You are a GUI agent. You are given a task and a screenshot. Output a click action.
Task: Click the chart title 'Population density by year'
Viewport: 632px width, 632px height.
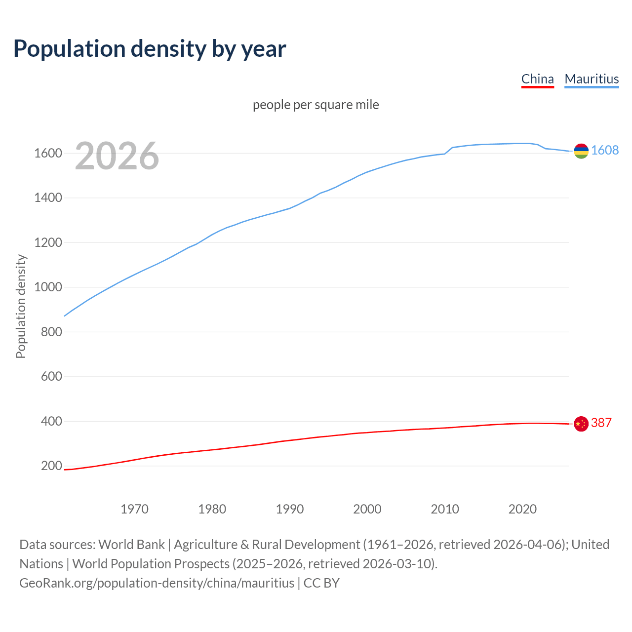(x=150, y=49)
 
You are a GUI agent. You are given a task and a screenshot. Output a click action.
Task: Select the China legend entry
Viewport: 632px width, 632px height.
(x=537, y=79)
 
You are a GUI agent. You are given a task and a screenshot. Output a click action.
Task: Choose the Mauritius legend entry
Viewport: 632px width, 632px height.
(x=592, y=79)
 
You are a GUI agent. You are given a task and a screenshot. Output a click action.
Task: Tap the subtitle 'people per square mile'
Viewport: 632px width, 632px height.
(x=316, y=105)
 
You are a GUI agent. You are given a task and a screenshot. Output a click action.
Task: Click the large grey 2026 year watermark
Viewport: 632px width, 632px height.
(x=117, y=156)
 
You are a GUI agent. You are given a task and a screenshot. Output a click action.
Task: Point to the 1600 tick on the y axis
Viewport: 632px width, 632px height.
(x=48, y=154)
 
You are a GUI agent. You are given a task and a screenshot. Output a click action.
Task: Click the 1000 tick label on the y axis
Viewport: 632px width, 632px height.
(x=48, y=287)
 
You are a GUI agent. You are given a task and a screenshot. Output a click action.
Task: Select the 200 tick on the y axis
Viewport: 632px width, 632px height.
(x=51, y=466)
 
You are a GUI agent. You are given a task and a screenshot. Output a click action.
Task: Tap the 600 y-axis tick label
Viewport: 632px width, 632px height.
(x=51, y=377)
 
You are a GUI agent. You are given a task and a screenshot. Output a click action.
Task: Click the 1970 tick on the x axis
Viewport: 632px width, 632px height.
(x=134, y=509)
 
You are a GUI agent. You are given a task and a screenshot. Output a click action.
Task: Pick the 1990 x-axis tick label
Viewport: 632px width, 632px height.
(x=290, y=509)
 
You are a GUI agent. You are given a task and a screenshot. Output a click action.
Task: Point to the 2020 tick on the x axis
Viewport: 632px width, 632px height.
(x=522, y=509)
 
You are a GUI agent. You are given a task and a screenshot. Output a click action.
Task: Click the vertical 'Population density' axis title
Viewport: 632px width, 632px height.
(x=21, y=306)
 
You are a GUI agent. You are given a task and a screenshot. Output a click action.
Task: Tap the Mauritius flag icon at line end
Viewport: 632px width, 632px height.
(x=581, y=151)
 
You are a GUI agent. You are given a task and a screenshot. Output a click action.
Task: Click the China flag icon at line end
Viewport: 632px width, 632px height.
(x=581, y=424)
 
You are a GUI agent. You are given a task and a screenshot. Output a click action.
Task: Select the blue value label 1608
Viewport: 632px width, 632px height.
(x=605, y=151)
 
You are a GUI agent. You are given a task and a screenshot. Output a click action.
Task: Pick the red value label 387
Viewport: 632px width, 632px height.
(x=601, y=423)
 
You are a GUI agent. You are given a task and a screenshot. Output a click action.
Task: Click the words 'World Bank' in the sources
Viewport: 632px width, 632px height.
(x=131, y=545)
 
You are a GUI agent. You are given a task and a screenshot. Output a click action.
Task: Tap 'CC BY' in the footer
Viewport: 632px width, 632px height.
(x=321, y=583)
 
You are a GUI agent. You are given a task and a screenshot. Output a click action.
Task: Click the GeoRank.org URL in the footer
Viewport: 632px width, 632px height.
(x=157, y=583)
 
